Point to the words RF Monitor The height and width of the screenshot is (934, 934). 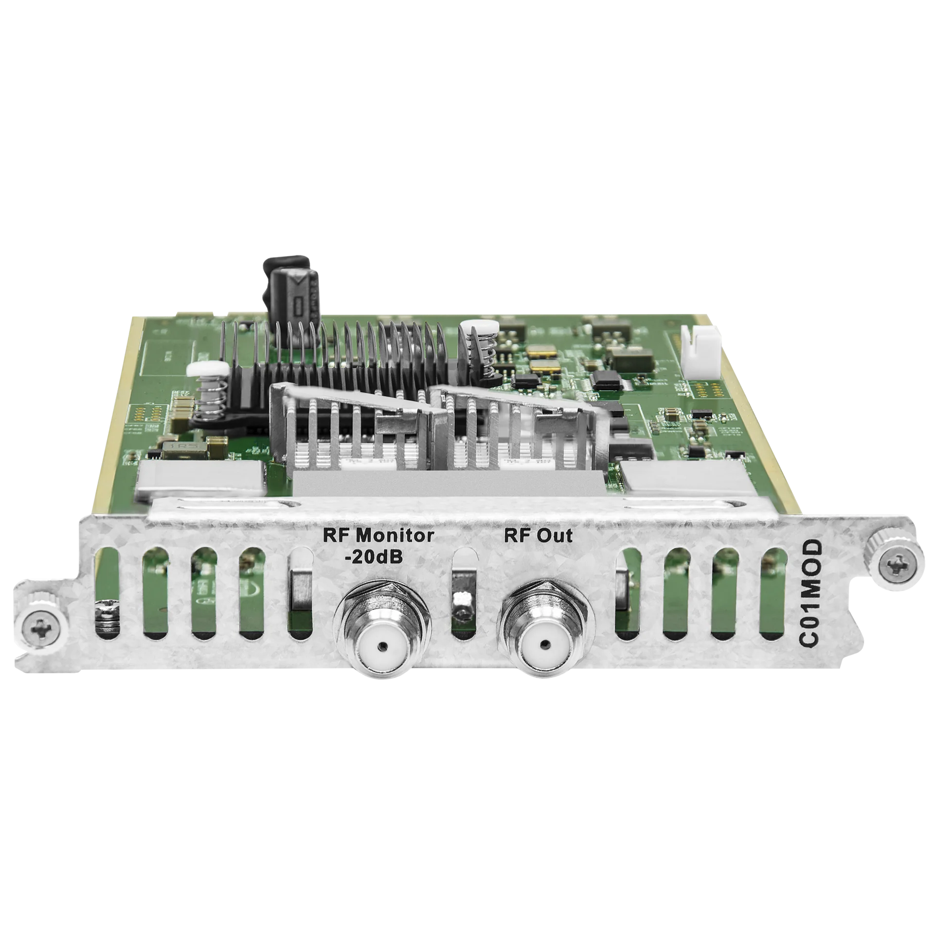pyautogui.click(x=379, y=536)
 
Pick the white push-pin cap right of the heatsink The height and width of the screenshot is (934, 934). pyautogui.click(x=482, y=327)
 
